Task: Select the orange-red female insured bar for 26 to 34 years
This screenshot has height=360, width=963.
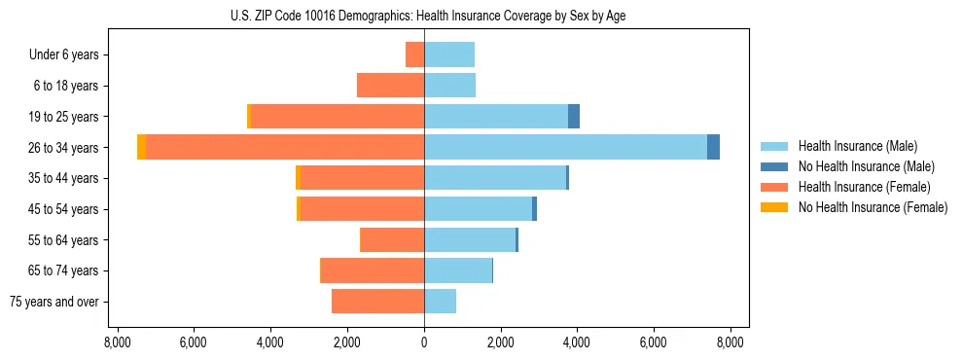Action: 284,147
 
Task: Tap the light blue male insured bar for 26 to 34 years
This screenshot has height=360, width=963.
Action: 565,147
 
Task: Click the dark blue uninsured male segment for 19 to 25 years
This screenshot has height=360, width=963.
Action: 574,116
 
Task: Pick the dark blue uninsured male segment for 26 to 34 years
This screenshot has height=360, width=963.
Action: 713,147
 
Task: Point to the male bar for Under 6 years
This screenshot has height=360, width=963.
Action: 449,54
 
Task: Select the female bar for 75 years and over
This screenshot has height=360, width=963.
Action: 377,302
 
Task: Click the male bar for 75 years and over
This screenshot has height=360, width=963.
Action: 440,302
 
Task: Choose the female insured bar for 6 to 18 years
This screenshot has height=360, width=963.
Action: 390,86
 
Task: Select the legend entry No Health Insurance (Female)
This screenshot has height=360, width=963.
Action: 873,207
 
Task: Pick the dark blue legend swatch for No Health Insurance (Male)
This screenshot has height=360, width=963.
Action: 774,166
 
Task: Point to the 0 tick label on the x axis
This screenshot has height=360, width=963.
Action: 424,342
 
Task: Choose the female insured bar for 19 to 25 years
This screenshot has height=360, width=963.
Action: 338,116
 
